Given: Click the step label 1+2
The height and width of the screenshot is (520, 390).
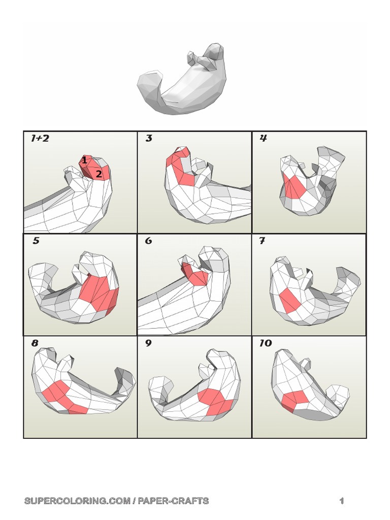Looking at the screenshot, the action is [x=40, y=138].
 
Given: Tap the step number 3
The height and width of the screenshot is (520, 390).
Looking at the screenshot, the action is [x=149, y=138].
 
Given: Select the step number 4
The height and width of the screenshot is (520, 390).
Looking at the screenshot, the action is [x=264, y=138].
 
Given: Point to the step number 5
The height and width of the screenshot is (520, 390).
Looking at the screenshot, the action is [x=36, y=241].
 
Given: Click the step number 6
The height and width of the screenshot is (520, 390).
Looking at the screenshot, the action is [x=149, y=241].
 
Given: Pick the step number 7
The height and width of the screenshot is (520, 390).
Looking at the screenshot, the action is [x=263, y=241].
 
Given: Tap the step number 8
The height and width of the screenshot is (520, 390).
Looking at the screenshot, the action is [x=35, y=343].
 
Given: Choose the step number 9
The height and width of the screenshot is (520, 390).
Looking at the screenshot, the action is [x=149, y=343].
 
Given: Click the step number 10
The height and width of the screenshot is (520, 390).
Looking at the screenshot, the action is [x=266, y=343].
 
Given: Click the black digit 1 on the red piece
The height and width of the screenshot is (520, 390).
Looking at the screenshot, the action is [x=84, y=160].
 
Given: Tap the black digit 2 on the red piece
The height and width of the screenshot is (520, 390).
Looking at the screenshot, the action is [x=99, y=174].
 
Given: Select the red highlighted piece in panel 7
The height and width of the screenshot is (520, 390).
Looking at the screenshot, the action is [x=290, y=300].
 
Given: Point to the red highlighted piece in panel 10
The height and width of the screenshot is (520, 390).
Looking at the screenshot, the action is [x=295, y=400].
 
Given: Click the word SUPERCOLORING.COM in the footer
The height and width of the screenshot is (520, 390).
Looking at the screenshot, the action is [x=77, y=501].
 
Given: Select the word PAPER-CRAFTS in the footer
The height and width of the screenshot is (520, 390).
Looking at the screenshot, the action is [x=173, y=501].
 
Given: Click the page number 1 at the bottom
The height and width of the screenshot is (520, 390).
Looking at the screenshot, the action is [x=342, y=501].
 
